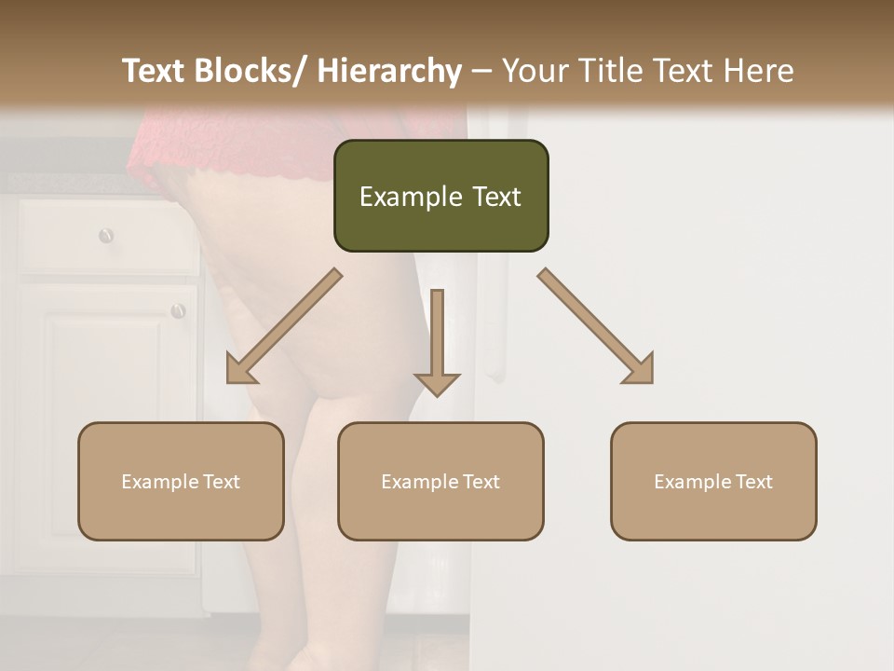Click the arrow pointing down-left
point(284,326)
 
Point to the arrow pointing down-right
point(596,326)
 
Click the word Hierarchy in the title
point(389,71)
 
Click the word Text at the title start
point(154,71)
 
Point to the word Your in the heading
point(535,71)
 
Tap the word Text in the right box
point(752,482)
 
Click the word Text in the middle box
point(480,482)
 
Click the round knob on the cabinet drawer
point(106,235)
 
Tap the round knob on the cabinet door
point(178,310)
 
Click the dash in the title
point(481,71)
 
